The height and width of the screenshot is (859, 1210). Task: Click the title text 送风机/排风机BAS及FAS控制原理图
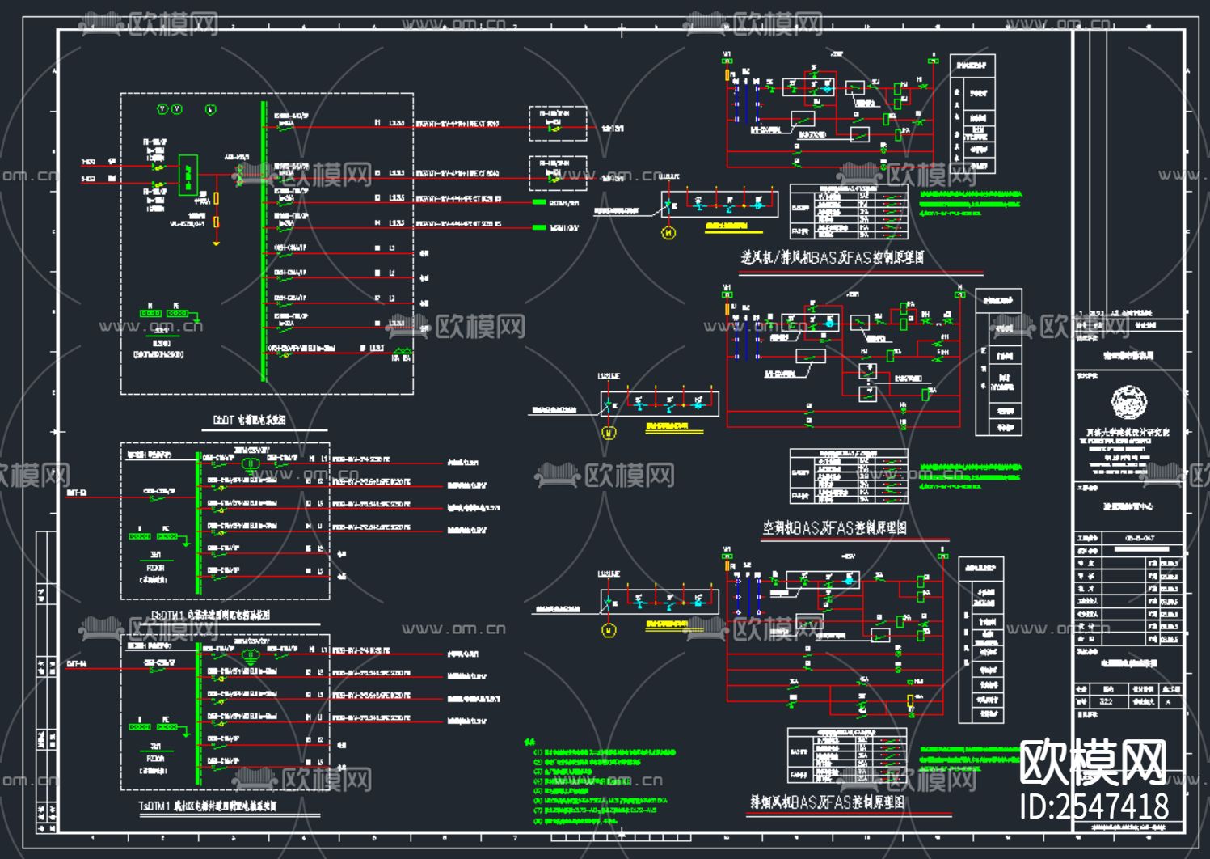tap(833, 258)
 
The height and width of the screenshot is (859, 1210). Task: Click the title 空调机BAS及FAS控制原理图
tap(834, 528)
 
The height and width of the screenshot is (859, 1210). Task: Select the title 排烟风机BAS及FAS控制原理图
tap(827, 802)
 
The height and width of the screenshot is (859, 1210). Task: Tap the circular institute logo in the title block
tap(1128, 402)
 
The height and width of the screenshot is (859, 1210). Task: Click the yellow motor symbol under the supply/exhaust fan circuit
tap(668, 233)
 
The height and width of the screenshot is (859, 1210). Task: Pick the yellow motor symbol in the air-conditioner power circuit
tap(609, 433)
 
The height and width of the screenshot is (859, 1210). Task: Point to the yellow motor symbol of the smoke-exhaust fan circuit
tap(609, 630)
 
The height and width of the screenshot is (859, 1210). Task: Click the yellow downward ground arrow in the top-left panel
tap(216, 242)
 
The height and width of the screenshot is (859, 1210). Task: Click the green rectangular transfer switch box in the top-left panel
tap(188, 174)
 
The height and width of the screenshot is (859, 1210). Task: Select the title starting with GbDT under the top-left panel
tap(249, 421)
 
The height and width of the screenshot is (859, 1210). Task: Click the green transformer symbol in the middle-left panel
tap(251, 463)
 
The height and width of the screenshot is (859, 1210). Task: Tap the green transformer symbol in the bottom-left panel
tap(251, 656)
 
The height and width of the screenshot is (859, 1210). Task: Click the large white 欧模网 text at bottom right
tap(1093, 762)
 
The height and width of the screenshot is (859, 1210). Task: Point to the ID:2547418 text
tap(1094, 806)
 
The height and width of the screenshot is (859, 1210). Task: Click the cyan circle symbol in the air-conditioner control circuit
tap(829, 323)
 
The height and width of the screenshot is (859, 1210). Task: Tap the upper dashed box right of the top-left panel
tap(558, 123)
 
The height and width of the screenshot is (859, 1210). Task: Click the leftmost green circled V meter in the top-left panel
tap(162, 109)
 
